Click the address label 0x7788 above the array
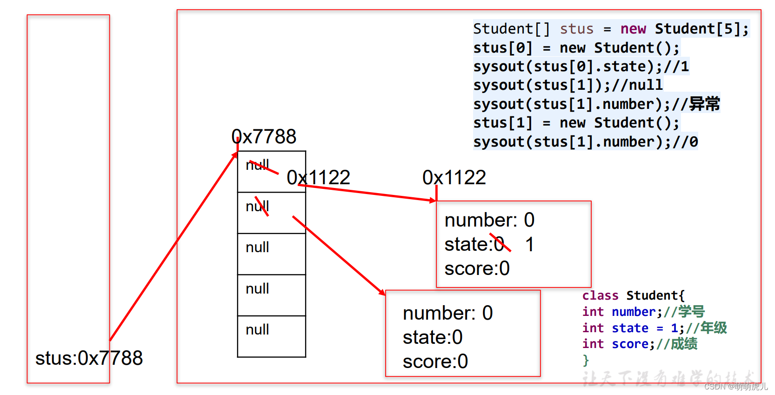(x=264, y=137)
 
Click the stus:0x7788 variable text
(x=89, y=358)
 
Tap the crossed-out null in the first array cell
(x=257, y=165)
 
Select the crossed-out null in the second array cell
(x=257, y=206)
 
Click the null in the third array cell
(x=257, y=247)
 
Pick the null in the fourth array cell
(x=257, y=288)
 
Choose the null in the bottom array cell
(x=257, y=329)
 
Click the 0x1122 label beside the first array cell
(x=318, y=177)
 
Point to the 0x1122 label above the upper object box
(x=454, y=177)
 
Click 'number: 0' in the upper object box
(x=489, y=220)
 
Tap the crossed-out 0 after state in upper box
(x=499, y=244)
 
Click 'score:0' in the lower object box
(x=435, y=362)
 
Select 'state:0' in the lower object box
(x=432, y=337)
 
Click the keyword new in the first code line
(x=633, y=29)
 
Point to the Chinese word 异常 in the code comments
(x=704, y=104)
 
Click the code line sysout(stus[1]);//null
(x=568, y=85)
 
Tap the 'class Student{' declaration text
(x=633, y=295)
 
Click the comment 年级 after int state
(x=714, y=328)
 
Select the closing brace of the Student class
(x=586, y=360)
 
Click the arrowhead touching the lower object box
(x=382, y=292)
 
